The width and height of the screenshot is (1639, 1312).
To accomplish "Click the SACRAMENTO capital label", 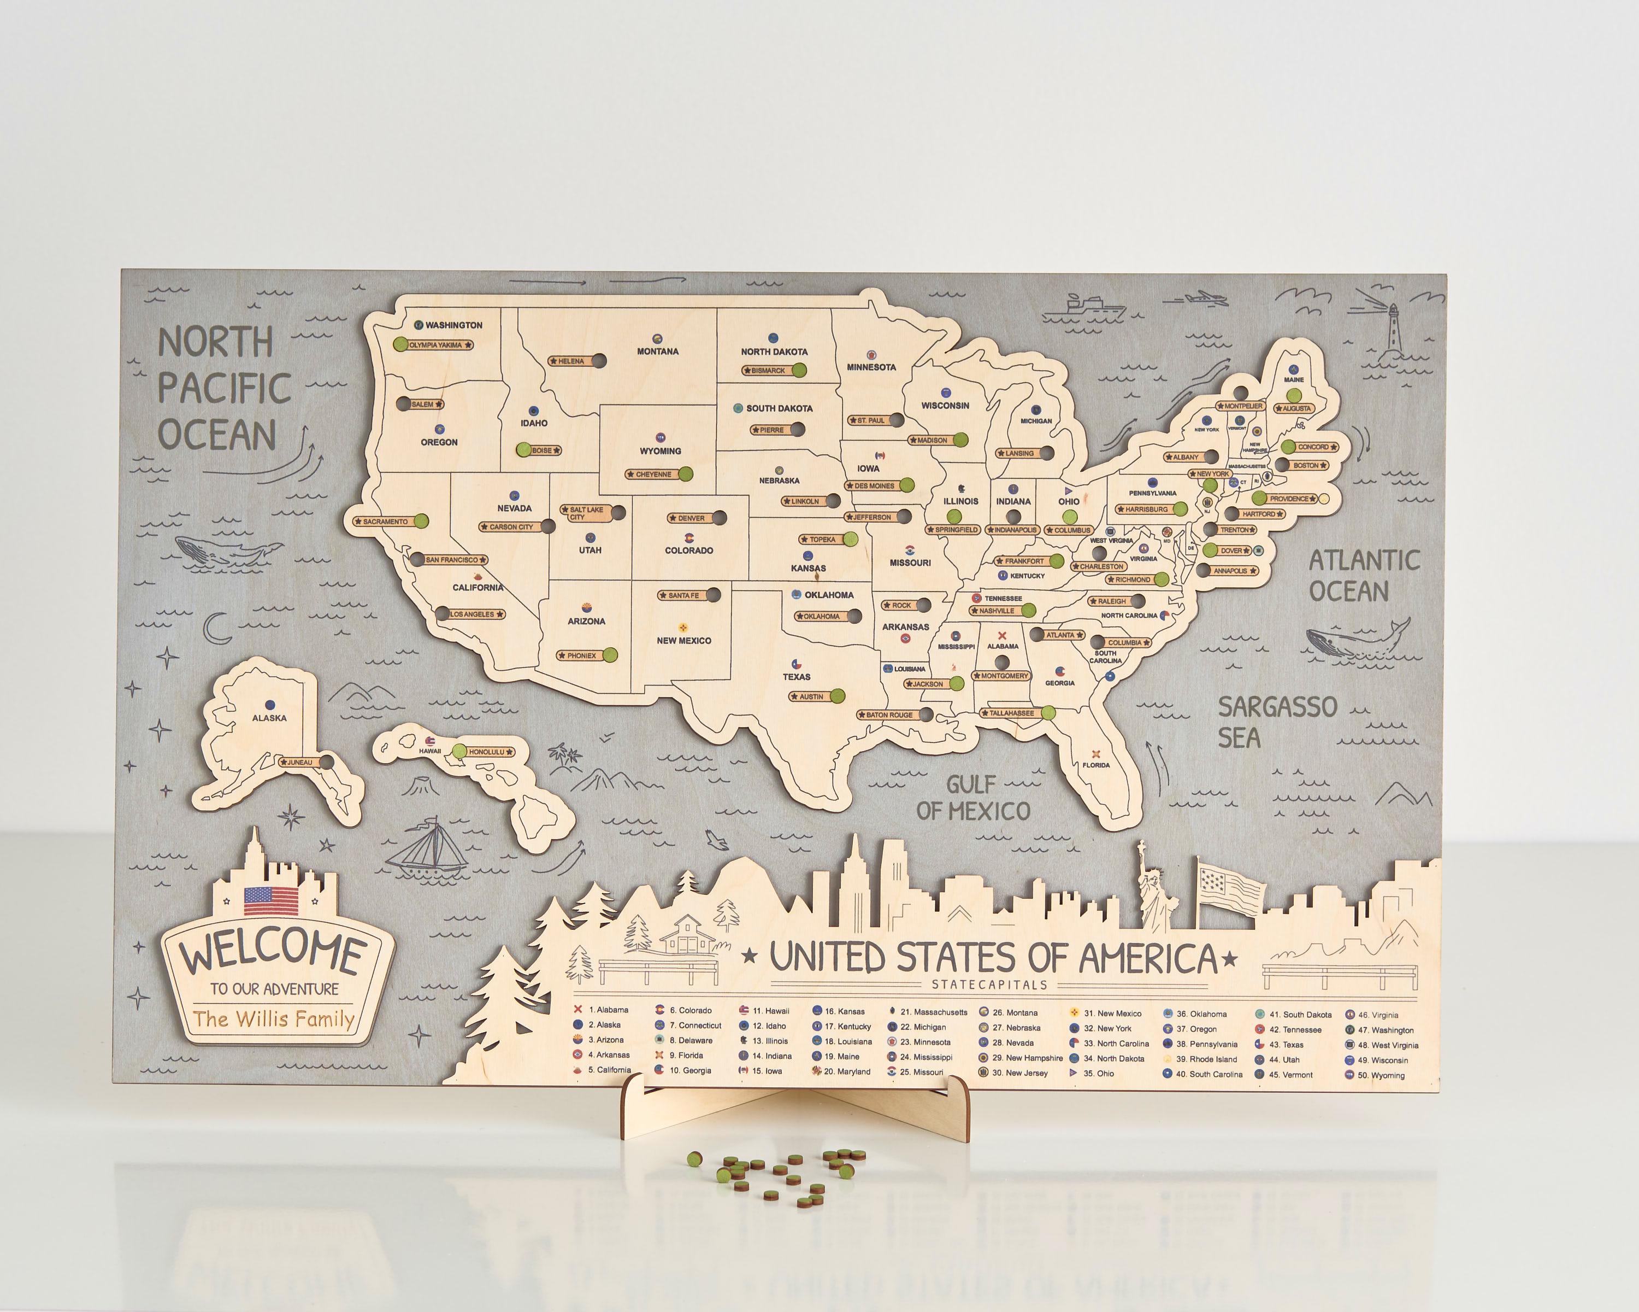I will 385,522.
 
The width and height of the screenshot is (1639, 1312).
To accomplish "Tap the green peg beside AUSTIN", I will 837,696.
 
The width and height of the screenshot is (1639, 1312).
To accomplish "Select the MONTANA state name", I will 658,352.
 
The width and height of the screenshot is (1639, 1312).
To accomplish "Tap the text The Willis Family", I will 274,1018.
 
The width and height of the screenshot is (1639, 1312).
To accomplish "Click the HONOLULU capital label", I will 487,752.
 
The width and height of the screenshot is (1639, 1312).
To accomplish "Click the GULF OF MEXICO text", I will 973,798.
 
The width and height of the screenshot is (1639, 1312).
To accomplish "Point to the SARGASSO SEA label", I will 1277,722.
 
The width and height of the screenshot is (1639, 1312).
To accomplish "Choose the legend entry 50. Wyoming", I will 1387,1075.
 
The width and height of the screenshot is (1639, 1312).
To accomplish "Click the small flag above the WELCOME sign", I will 272,901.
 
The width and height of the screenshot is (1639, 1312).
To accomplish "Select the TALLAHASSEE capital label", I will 1011,713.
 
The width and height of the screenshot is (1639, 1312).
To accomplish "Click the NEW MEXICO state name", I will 684,640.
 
